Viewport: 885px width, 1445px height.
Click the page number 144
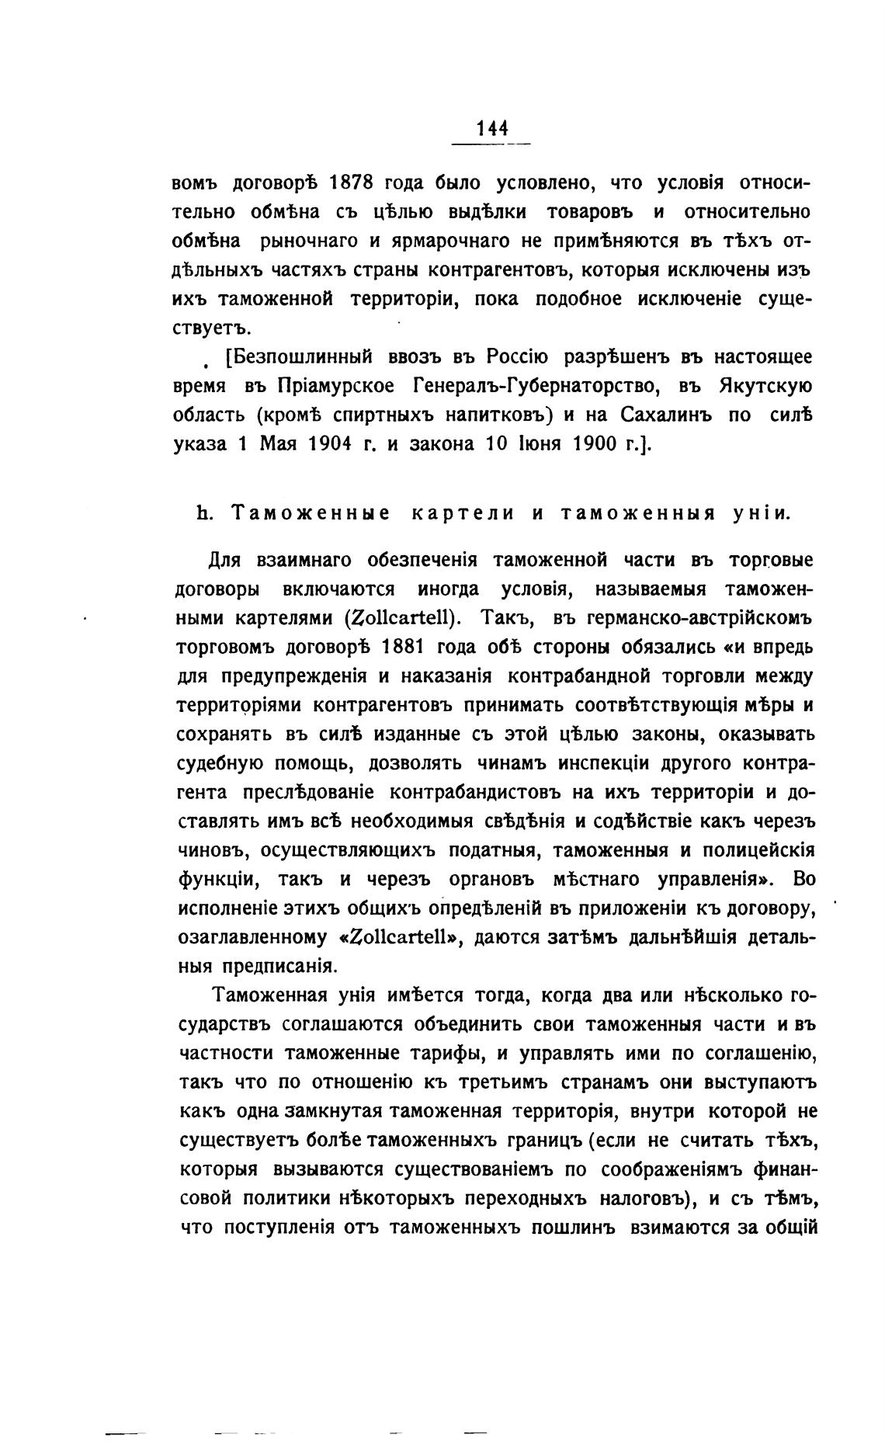tap(492, 127)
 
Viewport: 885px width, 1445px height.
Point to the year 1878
tap(352, 183)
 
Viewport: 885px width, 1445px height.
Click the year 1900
tap(597, 444)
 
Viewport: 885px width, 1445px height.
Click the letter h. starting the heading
tap(206, 513)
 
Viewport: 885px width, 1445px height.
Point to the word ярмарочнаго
tap(446, 241)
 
